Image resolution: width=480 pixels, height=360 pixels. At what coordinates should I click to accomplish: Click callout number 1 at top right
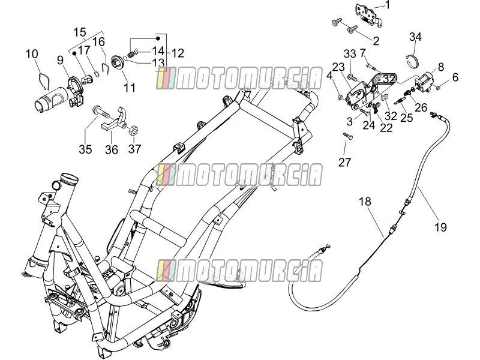coord(388,5)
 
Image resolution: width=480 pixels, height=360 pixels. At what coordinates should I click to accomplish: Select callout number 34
coord(415,37)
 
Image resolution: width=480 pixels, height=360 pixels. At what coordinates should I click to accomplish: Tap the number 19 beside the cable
coord(441,227)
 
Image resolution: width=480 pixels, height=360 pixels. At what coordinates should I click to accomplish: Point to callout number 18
coord(365,202)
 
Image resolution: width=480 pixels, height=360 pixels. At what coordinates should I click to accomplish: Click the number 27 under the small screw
coord(344,162)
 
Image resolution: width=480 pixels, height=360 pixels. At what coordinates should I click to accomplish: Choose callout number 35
coord(85,149)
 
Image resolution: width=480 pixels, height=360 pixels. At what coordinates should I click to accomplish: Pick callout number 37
coord(134,149)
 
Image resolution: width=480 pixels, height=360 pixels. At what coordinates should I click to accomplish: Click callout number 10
coord(32,54)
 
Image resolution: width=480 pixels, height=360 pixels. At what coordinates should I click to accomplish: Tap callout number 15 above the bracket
coord(80,32)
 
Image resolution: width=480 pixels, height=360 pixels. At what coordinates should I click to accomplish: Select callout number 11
coord(129,88)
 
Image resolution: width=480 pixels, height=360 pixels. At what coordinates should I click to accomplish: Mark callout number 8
coord(441,67)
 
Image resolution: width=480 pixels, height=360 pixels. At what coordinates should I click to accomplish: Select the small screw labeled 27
coord(347,136)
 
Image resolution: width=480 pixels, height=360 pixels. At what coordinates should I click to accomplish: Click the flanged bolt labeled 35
coord(101,112)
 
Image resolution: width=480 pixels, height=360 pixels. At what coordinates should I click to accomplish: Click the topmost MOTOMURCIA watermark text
coord(239,78)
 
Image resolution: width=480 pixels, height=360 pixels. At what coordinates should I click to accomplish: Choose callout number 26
coord(421,107)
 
